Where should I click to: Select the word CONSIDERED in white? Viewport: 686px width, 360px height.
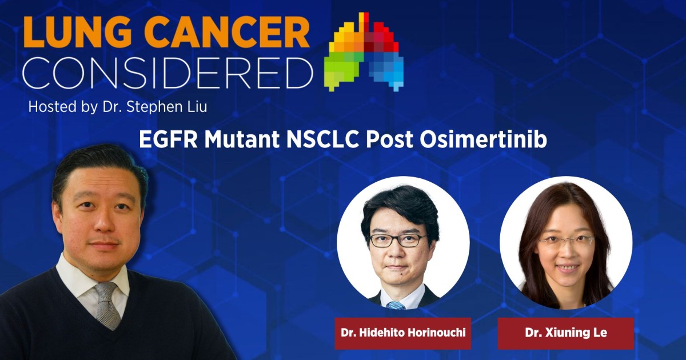point(168,72)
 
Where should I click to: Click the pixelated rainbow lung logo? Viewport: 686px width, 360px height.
point(364,52)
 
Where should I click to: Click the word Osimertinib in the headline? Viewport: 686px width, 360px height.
point(483,139)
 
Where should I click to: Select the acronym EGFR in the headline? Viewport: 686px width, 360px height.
point(169,139)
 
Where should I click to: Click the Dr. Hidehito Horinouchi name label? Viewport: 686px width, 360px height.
point(402,333)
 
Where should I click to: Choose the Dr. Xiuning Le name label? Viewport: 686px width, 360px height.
point(565,333)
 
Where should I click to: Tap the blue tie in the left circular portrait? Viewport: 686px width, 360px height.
point(396,305)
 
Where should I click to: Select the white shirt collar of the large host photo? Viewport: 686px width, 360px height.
point(92,285)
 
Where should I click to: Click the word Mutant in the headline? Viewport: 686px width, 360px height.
point(242,139)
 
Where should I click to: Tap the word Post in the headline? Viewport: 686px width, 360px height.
point(389,139)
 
